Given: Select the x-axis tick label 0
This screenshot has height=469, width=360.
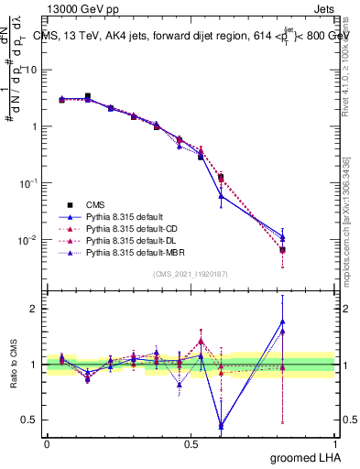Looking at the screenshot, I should click(47, 443).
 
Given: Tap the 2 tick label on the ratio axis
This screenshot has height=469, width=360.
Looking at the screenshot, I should click(34, 309).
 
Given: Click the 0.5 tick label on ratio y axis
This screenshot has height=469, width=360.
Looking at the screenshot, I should click(29, 420).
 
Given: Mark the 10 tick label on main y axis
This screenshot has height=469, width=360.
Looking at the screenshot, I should click(31, 71).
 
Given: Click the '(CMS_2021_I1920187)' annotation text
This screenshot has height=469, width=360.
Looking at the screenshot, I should click(189, 273).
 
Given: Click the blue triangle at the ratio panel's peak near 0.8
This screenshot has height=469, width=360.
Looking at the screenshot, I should click(282, 322).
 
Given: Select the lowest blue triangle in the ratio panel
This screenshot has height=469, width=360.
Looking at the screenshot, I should click(221, 425).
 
